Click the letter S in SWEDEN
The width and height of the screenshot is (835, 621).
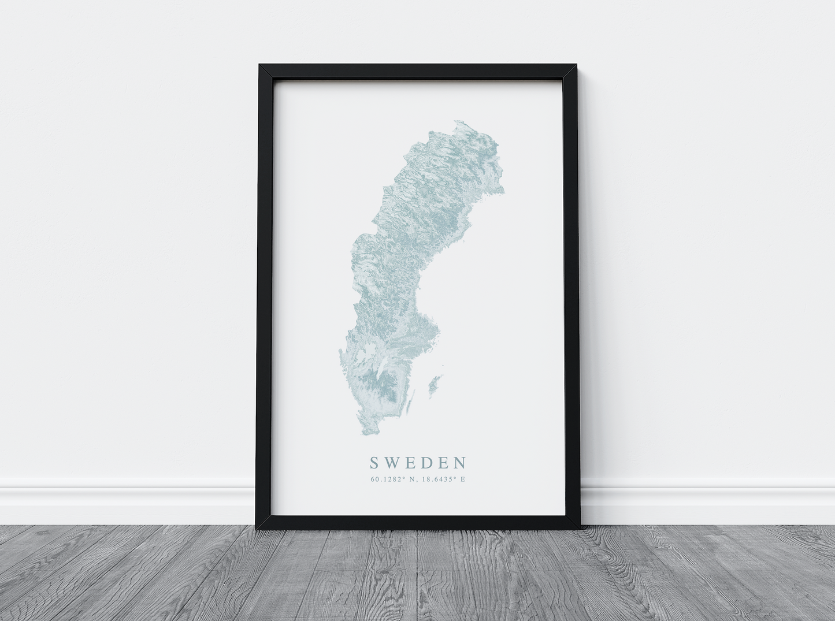coord(374,463)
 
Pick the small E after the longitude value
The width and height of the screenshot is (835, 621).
coord(462,479)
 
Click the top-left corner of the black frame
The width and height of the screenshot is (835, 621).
coord(259,65)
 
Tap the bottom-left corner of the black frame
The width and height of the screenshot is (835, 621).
coord(257,529)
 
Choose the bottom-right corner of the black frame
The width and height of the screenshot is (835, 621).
coord(580,529)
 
